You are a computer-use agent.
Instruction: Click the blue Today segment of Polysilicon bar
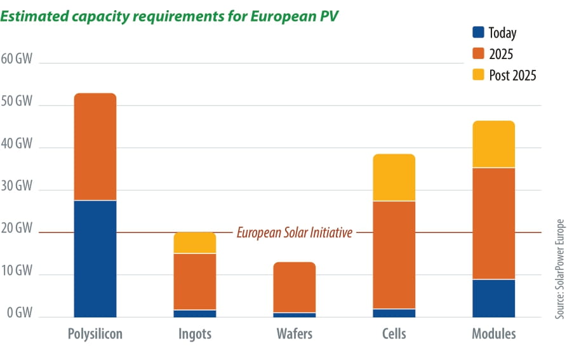point(95,258)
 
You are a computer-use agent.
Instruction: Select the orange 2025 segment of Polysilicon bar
point(95,147)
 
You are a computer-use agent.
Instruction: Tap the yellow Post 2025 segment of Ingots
point(195,243)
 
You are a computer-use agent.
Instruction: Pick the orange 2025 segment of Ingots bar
point(195,281)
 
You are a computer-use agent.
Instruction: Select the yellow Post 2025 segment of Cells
point(394,177)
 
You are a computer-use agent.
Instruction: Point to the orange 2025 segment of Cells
point(394,255)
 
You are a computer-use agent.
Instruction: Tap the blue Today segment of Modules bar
point(493,298)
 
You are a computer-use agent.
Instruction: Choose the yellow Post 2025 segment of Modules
point(493,144)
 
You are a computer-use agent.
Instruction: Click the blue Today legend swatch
point(479,32)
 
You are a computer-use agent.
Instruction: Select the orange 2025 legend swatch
point(479,54)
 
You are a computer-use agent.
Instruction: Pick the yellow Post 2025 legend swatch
point(479,75)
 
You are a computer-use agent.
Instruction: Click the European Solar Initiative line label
point(294,232)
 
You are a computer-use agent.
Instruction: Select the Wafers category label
point(294,334)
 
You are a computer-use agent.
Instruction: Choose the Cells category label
point(394,334)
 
